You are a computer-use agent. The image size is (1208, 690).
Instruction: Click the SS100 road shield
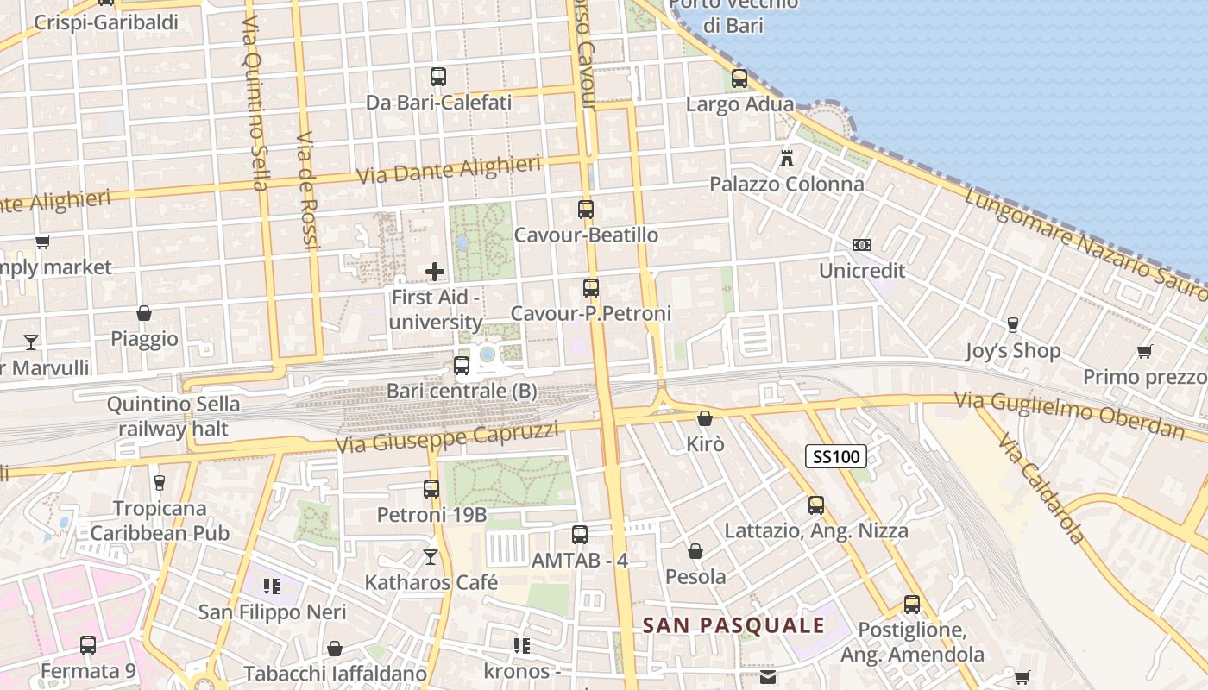tap(835, 456)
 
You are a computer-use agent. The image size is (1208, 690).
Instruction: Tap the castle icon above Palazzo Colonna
tap(786, 158)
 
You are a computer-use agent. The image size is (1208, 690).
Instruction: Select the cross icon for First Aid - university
tap(435, 272)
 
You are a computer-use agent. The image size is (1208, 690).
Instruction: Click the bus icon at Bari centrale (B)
tap(462, 365)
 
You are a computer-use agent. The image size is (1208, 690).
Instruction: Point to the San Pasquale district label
tap(733, 625)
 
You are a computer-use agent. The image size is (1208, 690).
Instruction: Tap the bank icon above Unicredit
tap(861, 245)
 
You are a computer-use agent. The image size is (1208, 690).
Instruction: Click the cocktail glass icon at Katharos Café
tap(431, 557)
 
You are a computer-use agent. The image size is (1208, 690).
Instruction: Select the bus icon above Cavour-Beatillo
tap(586, 209)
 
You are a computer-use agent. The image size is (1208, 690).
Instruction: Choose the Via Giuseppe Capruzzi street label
tap(447, 437)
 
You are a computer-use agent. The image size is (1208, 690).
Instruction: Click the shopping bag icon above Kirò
tap(705, 418)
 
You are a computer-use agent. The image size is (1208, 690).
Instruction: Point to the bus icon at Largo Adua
tap(739, 78)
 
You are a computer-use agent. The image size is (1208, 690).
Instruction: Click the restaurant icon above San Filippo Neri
tap(272, 587)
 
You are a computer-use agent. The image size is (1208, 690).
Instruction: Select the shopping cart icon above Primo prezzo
tap(1144, 351)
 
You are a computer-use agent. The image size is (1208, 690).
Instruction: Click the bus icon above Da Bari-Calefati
tap(438, 76)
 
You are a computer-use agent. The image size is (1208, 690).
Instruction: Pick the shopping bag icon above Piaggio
tap(144, 313)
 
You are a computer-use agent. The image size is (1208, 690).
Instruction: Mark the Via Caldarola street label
tap(1041, 490)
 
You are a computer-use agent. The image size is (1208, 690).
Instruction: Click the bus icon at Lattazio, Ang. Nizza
tap(816, 505)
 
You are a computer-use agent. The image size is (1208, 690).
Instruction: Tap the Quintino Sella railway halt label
tap(173, 416)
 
